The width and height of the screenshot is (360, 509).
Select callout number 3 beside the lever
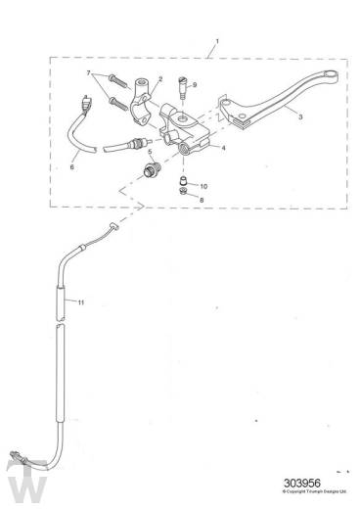[x=299, y=116]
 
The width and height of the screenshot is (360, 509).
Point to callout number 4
[x=223, y=148]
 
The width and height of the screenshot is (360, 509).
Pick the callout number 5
[x=149, y=152]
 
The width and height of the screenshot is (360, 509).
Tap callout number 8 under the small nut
[x=202, y=200]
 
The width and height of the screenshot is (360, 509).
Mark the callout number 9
[x=194, y=85]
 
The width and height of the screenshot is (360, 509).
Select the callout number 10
[x=202, y=185]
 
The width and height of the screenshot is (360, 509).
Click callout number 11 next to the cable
[x=81, y=302]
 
